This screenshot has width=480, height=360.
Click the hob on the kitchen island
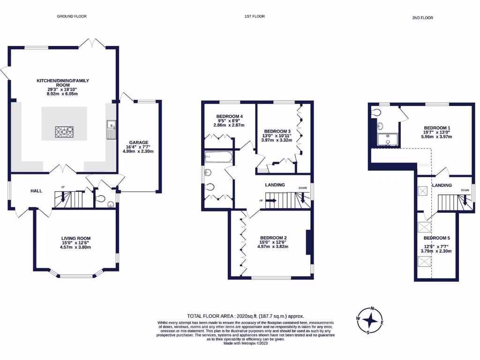[x=64, y=132]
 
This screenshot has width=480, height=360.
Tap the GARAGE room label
[x=139, y=142]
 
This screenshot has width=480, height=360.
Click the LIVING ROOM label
[x=75, y=239]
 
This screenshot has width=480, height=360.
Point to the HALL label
[x=37, y=191]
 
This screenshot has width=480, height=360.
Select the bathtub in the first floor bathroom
[x=218, y=157]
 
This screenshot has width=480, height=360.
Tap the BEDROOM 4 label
[x=229, y=116]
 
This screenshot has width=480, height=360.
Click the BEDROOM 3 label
[x=277, y=131]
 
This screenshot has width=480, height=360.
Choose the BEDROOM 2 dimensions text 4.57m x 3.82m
[x=273, y=247]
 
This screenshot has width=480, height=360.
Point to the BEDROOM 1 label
[x=437, y=127]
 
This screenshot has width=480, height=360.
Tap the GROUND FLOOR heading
[x=72, y=16]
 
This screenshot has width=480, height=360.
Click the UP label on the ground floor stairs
[x=63, y=187]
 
